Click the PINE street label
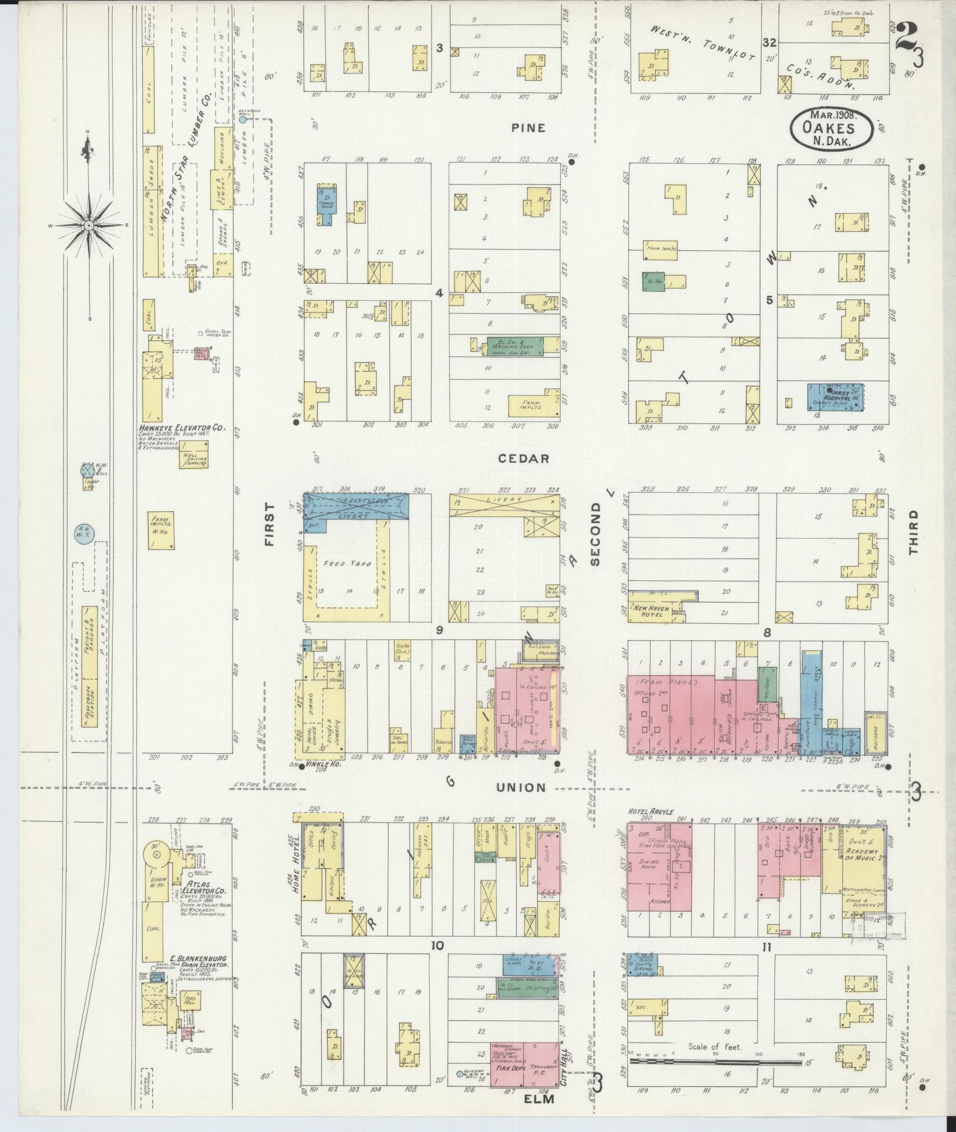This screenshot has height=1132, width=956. (528, 128)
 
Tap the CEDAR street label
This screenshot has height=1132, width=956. (524, 459)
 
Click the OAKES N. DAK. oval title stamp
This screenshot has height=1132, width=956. (832, 127)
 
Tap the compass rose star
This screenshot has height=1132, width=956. (88, 225)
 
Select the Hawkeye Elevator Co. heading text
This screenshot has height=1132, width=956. (182, 429)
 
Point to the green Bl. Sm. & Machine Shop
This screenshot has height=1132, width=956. (515, 346)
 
